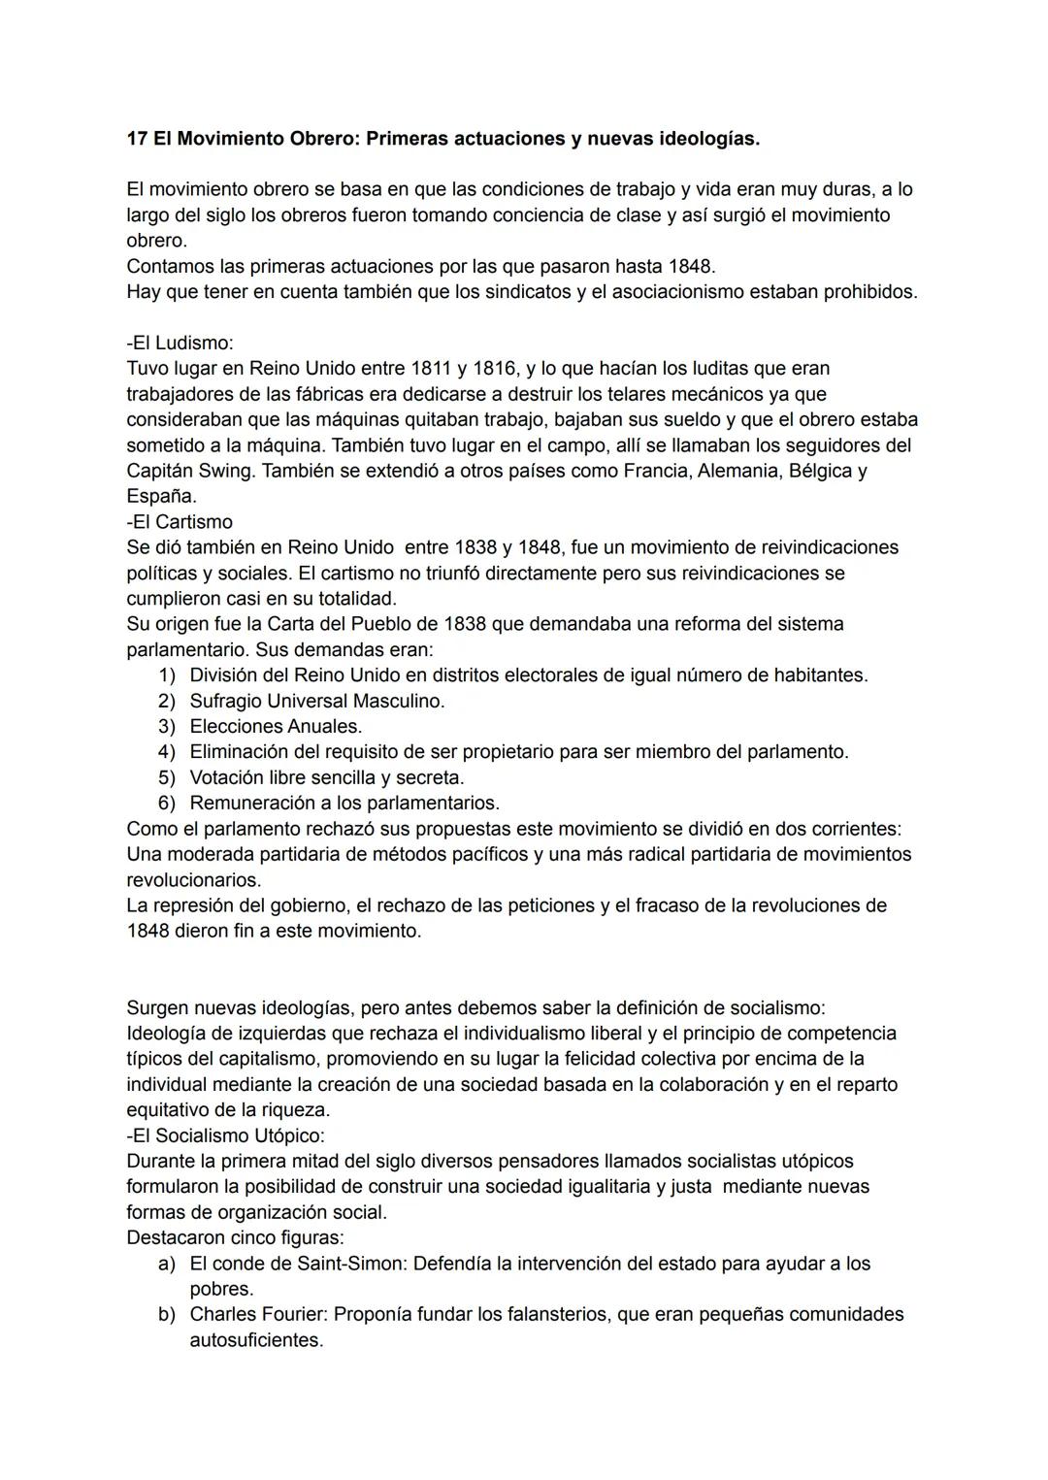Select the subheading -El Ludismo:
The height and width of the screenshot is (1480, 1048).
tap(180, 344)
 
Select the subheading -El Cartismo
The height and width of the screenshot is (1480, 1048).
tap(180, 522)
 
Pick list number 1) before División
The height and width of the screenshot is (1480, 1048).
tap(166, 675)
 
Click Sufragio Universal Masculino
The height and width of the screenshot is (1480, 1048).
tap(316, 701)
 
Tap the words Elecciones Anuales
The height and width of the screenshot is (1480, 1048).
tap(276, 727)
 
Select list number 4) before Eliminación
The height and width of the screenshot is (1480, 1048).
tap(166, 752)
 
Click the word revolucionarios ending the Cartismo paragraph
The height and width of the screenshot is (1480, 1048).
tap(193, 881)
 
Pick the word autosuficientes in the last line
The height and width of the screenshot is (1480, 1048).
tap(256, 1341)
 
